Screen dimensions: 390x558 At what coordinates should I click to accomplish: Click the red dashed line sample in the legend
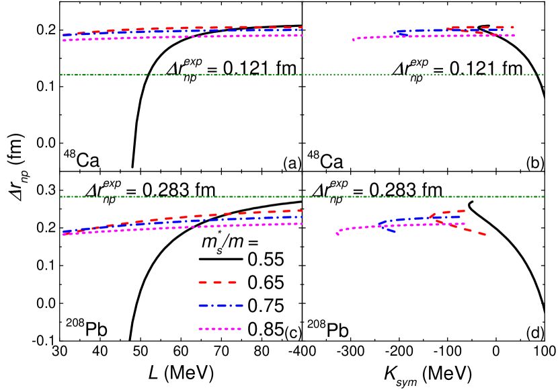point(217,282)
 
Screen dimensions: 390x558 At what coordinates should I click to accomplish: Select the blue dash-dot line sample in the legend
point(221,305)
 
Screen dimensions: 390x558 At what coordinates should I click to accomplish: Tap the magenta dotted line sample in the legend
point(220,329)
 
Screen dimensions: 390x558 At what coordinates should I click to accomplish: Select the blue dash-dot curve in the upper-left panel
point(202,31)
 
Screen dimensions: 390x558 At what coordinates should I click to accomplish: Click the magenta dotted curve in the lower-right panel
point(403,225)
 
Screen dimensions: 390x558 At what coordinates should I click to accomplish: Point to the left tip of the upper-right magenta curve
point(354,40)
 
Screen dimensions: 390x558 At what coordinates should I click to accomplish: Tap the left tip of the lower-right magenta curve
point(337,234)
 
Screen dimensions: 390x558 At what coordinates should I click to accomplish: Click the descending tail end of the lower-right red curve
point(483,234)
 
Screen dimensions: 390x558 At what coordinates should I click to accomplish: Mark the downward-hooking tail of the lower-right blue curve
point(391,231)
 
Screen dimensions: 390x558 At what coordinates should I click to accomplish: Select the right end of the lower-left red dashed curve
point(300,210)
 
